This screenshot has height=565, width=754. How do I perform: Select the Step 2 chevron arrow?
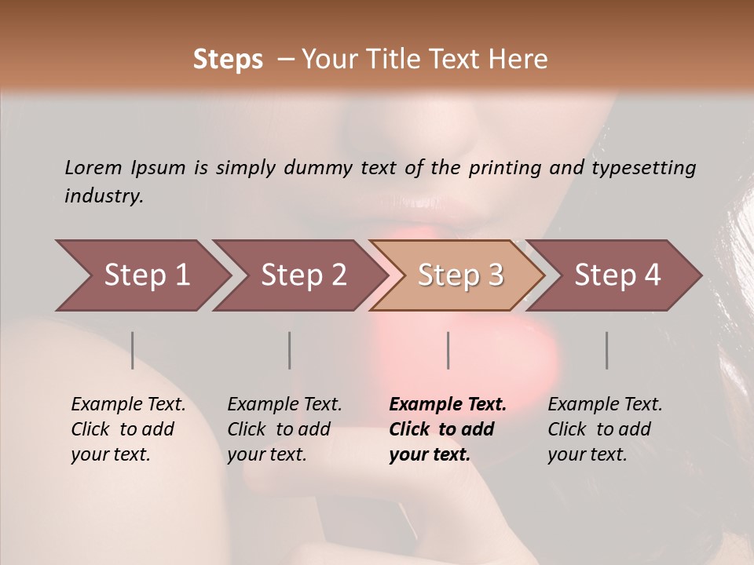pos(303,275)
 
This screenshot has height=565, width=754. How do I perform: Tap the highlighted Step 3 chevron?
pos(460,275)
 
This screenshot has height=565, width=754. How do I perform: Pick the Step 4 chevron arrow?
pos(617,275)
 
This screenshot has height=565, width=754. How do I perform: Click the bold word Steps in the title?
pos(228,59)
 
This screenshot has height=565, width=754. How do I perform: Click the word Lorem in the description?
pos(93,167)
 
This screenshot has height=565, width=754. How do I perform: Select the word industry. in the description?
pos(104,195)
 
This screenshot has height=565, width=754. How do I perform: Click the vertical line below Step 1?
pos(133,350)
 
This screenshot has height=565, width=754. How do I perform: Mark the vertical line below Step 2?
pos(290,350)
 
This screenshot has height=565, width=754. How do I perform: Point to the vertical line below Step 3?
pos(448,350)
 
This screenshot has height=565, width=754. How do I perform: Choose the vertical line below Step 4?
pos(607,350)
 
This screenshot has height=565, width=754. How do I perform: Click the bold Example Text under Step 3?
pos(448,404)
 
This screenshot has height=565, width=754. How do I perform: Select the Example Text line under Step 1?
pos(128,404)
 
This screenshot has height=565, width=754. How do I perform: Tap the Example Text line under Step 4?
pos(605,404)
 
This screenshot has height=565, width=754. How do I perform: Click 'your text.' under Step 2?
pos(266,454)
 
